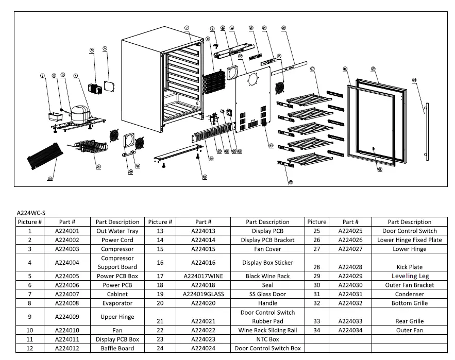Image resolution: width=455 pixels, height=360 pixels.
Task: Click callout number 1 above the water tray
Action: coord(43,76)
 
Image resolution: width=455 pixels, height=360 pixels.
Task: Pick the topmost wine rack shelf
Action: coord(308,97)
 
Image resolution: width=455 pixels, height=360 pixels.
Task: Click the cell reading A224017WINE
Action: coord(203,276)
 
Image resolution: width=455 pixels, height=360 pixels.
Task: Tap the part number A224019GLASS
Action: coord(203,294)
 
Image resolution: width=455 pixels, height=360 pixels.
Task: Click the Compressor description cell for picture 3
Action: coord(117,249)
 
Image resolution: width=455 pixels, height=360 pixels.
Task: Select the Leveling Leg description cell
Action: coord(410,276)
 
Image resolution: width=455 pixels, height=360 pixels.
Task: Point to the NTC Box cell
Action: coord(267,339)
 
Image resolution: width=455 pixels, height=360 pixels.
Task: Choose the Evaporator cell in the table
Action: coord(117,303)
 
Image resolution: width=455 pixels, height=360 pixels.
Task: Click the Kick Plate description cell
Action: coord(410,267)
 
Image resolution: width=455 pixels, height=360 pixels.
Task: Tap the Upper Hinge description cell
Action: coord(117,317)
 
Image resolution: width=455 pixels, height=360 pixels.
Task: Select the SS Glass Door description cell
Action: coord(267,294)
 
